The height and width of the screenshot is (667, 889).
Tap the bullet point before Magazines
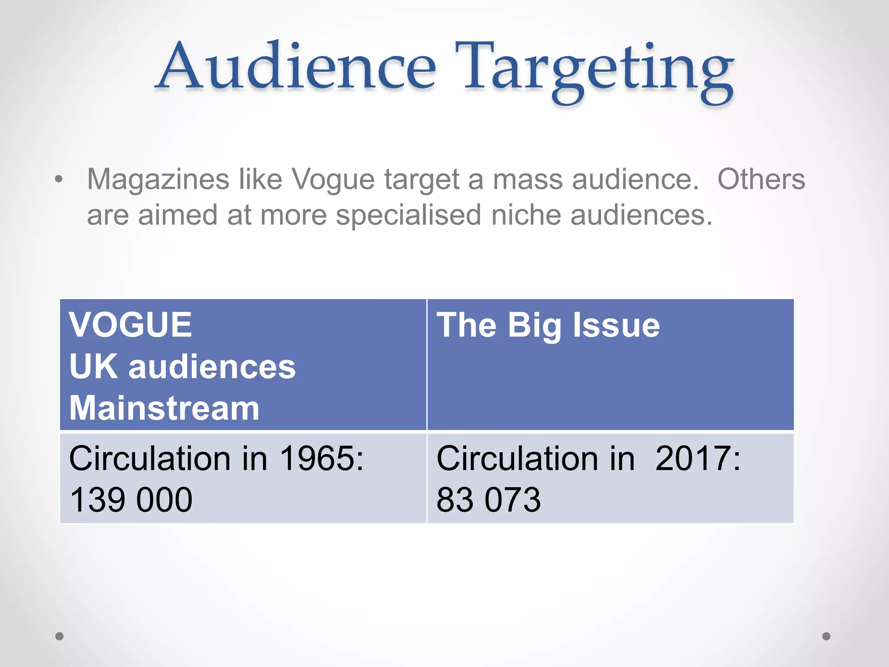tap(59, 179)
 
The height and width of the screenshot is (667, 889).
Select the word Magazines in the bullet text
tap(158, 179)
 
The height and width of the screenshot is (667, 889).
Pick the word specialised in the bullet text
tap(408, 215)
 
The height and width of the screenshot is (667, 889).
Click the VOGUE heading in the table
tap(130, 325)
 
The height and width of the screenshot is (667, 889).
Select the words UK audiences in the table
tap(182, 367)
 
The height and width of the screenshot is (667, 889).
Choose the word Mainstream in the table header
tap(164, 408)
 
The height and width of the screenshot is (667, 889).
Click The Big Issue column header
tap(548, 325)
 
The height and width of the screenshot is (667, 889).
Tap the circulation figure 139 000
tap(131, 500)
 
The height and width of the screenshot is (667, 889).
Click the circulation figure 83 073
tap(488, 500)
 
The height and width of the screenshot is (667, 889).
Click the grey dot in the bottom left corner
tap(59, 636)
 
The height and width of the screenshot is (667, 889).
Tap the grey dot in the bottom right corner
tap(826, 636)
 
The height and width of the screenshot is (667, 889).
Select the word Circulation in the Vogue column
tap(150, 459)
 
